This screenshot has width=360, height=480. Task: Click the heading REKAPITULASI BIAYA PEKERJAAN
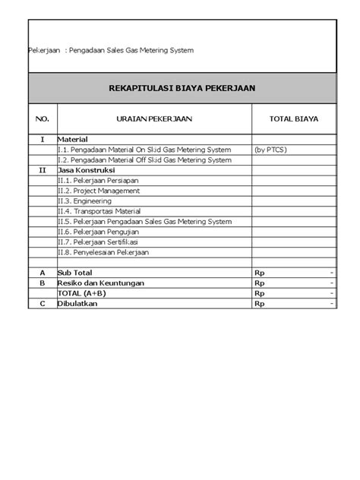point(180,88)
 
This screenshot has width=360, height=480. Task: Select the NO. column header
point(42,118)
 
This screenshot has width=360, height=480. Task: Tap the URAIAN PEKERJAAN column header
point(155,118)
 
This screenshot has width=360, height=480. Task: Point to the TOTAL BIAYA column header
point(294,118)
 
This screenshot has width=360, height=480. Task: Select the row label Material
point(73,140)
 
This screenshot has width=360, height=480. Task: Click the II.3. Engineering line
point(86,201)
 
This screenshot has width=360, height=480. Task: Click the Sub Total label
point(74,272)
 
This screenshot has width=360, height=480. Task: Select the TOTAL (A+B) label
point(81,292)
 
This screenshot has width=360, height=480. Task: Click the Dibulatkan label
point(79,303)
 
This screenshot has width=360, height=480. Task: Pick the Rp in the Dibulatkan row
point(260,303)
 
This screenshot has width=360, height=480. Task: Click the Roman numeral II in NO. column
point(43,171)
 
